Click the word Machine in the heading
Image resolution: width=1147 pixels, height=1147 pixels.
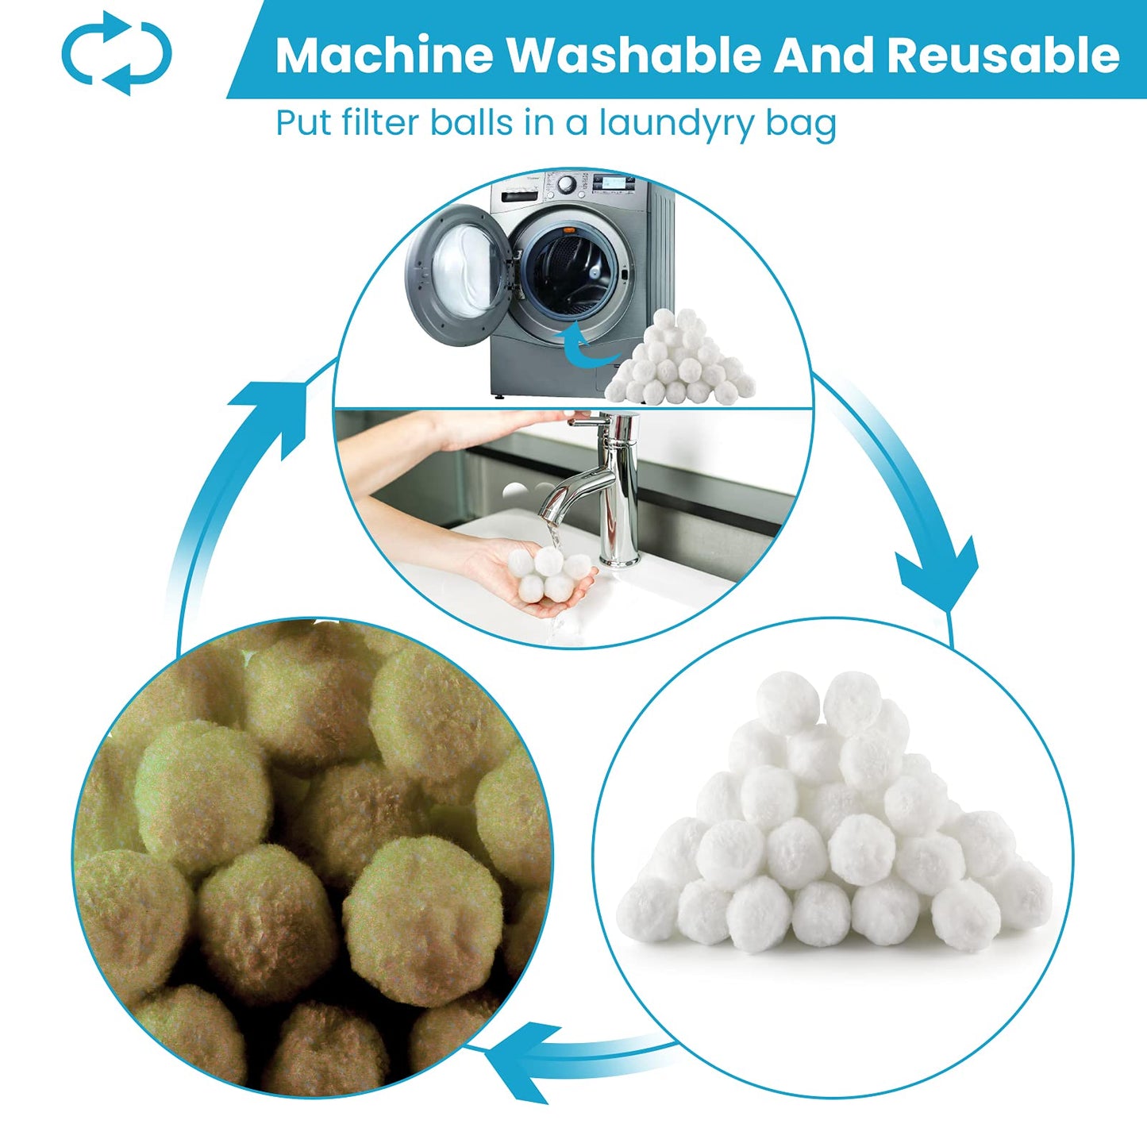tap(384, 55)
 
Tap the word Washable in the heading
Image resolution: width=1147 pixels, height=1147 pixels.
tap(634, 55)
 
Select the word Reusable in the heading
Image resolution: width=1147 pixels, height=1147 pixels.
tap(1003, 55)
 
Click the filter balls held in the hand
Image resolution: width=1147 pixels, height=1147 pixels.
tap(544, 572)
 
